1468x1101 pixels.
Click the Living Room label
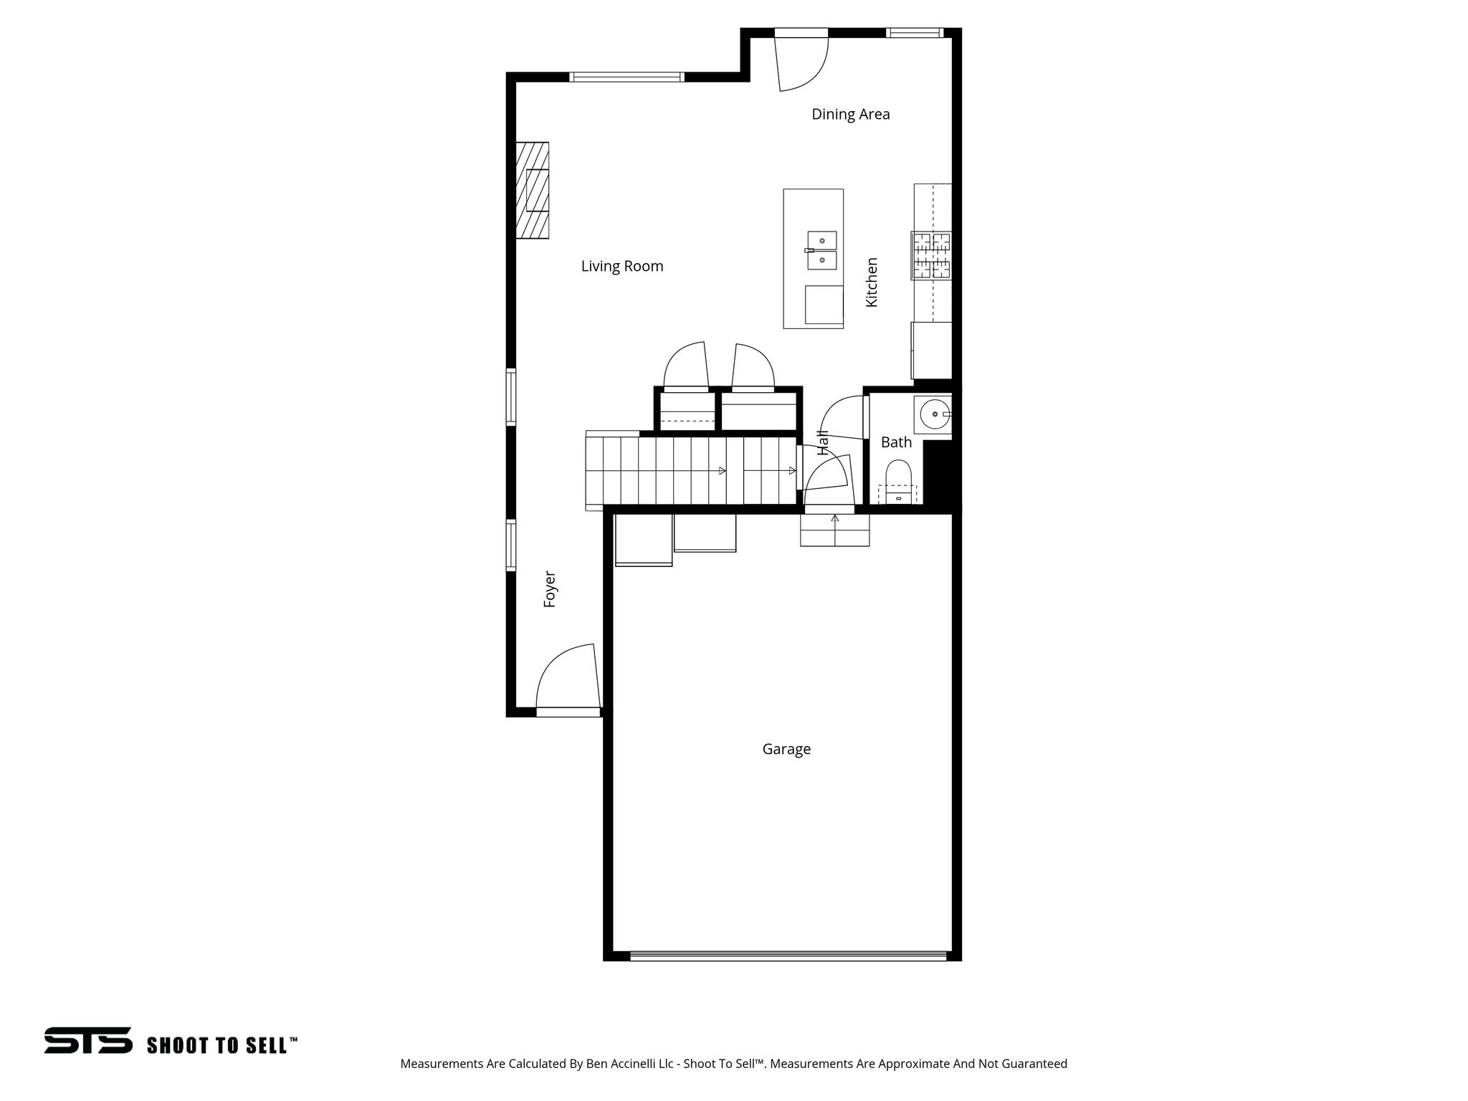point(622,267)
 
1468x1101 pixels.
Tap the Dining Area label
point(850,114)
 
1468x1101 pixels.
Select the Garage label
point(786,749)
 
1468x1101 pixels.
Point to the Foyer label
point(550,589)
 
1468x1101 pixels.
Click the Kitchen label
point(872,282)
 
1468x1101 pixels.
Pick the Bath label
point(896,442)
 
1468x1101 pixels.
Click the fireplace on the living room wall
point(532,190)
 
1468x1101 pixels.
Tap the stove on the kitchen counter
point(931,255)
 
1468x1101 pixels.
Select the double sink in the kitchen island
point(822,249)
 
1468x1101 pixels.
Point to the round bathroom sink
point(933,414)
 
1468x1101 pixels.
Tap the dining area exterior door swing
point(802,63)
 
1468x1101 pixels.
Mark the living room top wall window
point(626,77)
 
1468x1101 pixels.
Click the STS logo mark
point(88,1040)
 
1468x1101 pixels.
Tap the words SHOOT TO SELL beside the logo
point(221,1045)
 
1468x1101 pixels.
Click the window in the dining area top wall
point(913,32)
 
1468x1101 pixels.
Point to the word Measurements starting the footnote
point(441,1064)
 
